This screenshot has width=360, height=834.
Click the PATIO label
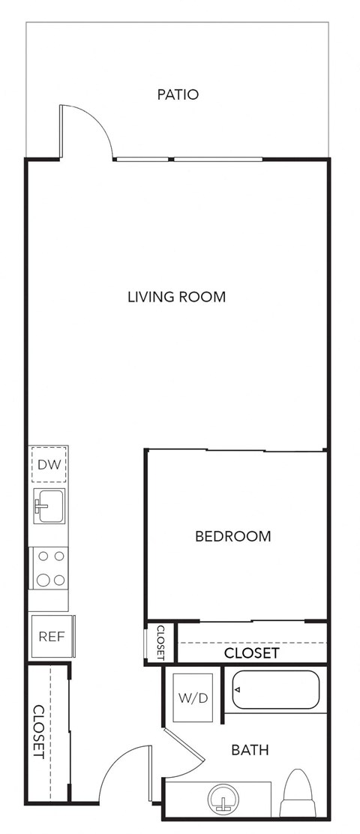pyautogui.click(x=178, y=94)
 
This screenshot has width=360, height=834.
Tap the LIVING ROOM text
pyautogui.click(x=176, y=297)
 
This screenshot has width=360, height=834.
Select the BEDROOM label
pyautogui.click(x=232, y=536)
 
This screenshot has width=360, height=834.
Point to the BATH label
pyautogui.click(x=250, y=750)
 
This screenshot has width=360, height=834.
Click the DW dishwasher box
pyautogui.click(x=49, y=465)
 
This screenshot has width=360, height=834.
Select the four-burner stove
pyautogui.click(x=49, y=568)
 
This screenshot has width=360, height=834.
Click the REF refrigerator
pyautogui.click(x=51, y=637)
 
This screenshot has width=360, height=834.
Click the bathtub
pyautogui.click(x=275, y=690)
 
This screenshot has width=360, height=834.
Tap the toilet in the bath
pyautogui.click(x=298, y=795)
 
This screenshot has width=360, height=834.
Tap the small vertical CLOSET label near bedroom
pyautogui.click(x=160, y=643)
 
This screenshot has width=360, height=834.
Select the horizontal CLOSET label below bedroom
pyautogui.click(x=251, y=653)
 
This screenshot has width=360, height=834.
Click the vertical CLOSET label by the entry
pyautogui.click(x=37, y=730)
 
